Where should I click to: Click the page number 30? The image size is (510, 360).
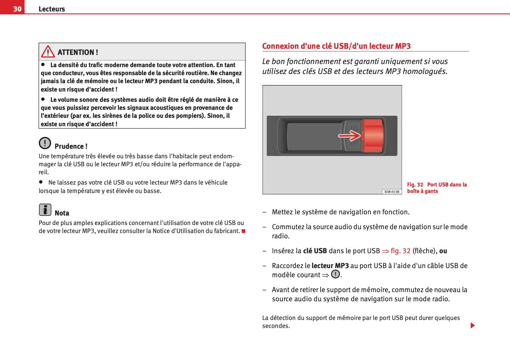[17, 9]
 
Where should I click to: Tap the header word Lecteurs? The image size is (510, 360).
[52, 9]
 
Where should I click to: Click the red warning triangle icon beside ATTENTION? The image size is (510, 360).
[48, 51]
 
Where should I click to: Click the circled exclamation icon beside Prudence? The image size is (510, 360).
[45, 143]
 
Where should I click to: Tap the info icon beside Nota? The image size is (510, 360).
[45, 210]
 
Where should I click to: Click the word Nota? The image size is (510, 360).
[62, 213]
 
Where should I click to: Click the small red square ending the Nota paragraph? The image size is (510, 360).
[243, 231]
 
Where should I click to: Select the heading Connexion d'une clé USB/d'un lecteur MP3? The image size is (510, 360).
[336, 46]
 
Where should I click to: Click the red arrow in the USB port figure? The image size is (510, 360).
[349, 135]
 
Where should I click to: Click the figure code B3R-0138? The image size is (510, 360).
[392, 191]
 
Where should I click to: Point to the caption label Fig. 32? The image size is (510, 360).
[415, 185]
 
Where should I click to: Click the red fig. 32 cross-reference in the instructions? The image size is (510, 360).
[400, 251]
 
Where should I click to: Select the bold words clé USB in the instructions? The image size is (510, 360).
[315, 251]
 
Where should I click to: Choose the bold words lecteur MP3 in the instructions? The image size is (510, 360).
[330, 266]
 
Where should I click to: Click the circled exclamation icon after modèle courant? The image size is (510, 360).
[335, 274]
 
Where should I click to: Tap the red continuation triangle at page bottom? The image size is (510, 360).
[473, 325]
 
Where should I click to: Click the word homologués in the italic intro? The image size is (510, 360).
[425, 71]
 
